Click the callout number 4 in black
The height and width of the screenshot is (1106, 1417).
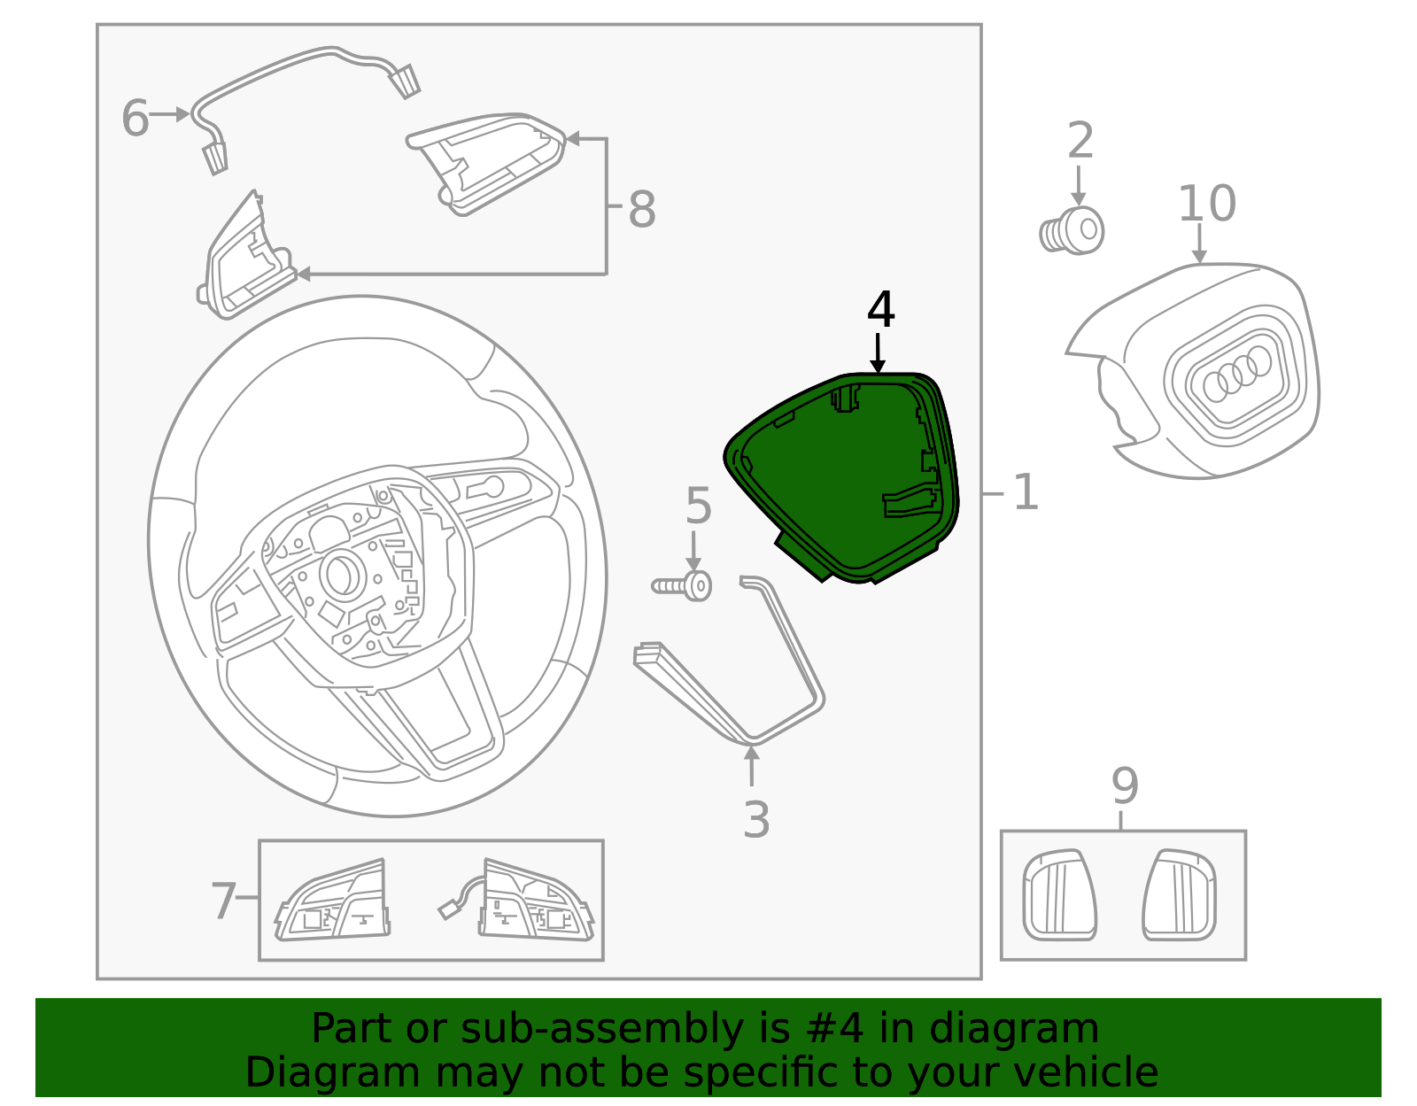pos(880,311)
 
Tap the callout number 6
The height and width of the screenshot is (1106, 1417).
pos(135,119)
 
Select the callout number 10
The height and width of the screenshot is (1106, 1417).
pos(1206,204)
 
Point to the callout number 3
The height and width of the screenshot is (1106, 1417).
pos(755,819)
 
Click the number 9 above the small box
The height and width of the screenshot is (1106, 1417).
pos(1124,785)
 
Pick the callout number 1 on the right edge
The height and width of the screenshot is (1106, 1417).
pos(1025,492)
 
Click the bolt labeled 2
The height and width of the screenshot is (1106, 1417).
pos(1072,232)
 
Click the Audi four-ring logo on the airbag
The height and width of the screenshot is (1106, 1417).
pos(1236,372)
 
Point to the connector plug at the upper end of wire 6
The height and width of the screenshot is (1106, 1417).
pos(406,81)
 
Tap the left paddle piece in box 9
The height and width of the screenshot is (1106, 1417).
pos(1059,894)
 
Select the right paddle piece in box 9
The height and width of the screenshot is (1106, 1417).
pos(1180,894)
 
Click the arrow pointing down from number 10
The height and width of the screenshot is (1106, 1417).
pos(1199,244)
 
